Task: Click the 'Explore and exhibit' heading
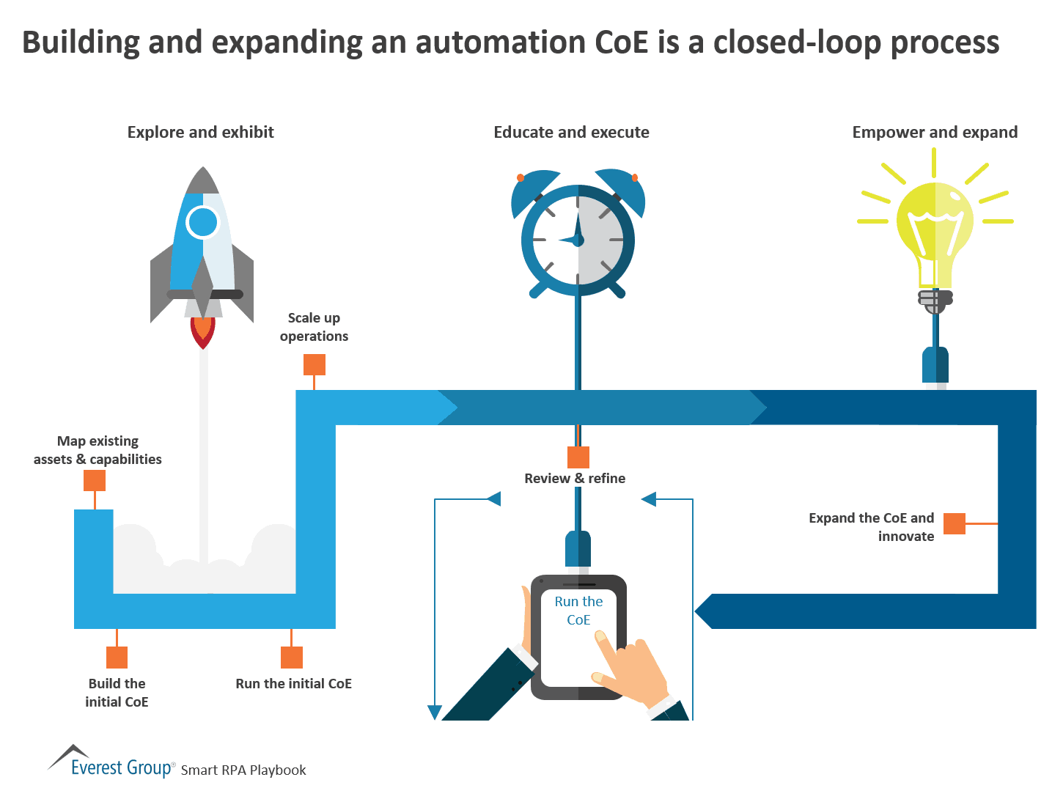(x=200, y=132)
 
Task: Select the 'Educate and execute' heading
(x=571, y=132)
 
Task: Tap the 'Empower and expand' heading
(x=935, y=132)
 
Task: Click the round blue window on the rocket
(x=202, y=222)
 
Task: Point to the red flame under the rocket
(x=203, y=332)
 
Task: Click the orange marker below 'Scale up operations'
(x=315, y=364)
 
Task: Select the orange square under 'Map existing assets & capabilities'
(x=95, y=480)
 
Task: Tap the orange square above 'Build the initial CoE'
(x=117, y=657)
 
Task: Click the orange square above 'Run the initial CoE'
(x=292, y=657)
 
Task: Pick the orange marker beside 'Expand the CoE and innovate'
(x=954, y=523)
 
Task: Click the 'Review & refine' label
(x=575, y=479)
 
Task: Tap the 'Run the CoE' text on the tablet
(x=578, y=610)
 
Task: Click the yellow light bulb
(x=935, y=227)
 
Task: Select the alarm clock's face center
(x=578, y=240)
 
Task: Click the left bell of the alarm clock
(x=534, y=192)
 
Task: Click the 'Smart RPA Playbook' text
(x=243, y=770)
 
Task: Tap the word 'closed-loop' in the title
(x=797, y=42)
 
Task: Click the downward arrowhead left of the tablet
(x=435, y=712)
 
